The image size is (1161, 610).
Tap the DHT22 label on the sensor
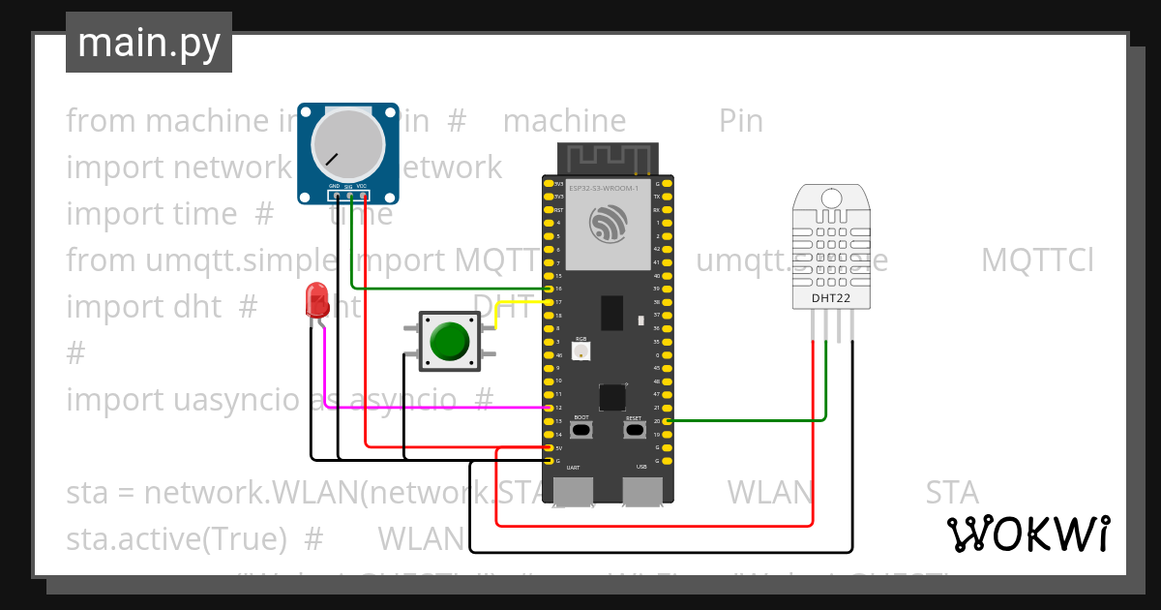pos(831,298)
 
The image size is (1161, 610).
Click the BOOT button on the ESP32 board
pos(581,429)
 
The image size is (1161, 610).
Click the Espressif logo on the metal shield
pos(608,225)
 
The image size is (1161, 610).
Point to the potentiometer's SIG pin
pos(349,196)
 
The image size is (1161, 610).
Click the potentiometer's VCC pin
pos(363,196)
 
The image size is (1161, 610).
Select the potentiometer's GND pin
pos(335,196)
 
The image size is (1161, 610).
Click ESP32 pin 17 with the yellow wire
pos(549,302)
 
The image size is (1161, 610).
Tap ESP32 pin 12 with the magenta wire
pos(549,408)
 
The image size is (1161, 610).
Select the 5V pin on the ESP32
pos(549,448)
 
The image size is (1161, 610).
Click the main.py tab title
pos(149,43)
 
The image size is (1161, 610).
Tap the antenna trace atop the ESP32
pos(608,158)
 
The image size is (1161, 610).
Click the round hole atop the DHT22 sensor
pos(831,199)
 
